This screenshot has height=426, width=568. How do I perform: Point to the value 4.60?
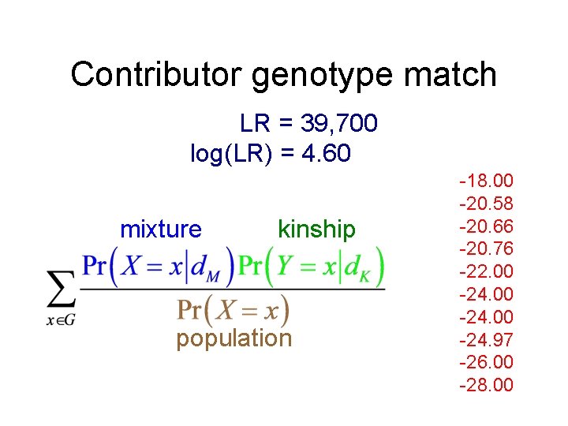tap(327, 153)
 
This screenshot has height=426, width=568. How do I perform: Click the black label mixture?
tap(161, 230)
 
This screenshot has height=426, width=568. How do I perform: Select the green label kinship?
tap(316, 230)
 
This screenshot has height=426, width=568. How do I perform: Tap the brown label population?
tap(234, 338)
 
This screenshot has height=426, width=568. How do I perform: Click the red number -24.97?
tap(486, 340)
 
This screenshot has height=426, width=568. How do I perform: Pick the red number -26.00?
tap(486, 362)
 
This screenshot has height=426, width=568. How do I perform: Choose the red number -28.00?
tap(486, 385)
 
